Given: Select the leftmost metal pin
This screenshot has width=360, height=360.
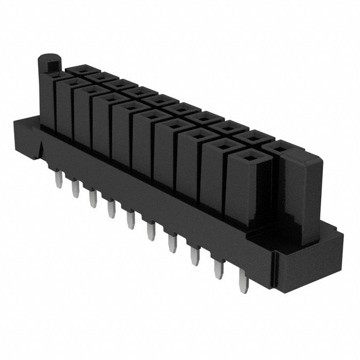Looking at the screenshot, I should tap(58, 181).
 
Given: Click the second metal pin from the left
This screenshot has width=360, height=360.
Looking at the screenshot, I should tap(74, 189).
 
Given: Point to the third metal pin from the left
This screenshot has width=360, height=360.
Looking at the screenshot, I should tap(91, 198).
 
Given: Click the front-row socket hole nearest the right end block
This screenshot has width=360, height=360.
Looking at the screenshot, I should tap(246, 160).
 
